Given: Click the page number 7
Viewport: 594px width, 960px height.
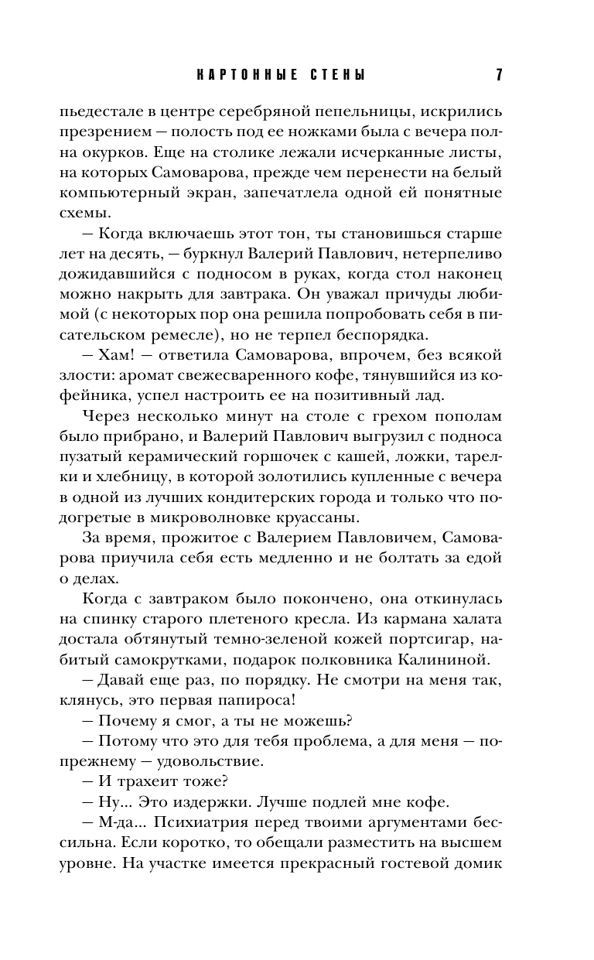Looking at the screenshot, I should (x=499, y=75).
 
